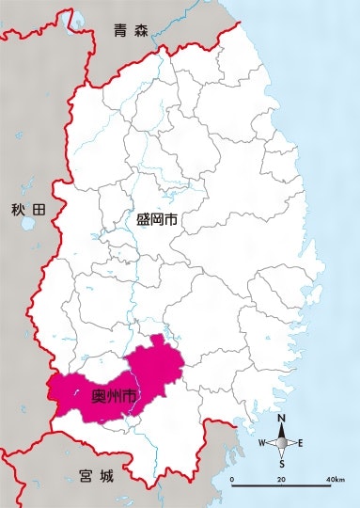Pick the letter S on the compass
tap(282, 463)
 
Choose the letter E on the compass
tap(300, 442)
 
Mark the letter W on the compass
tap(262, 442)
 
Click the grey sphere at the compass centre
tap(282, 442)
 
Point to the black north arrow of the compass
tap(282, 432)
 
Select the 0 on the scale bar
tap(232, 480)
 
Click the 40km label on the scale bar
tap(335, 480)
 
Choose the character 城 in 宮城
tap(106, 477)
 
